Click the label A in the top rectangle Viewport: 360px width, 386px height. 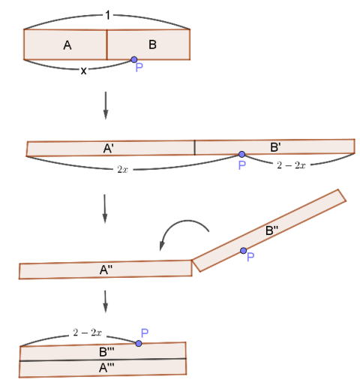[x=67, y=46]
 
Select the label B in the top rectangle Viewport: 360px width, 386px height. [x=152, y=44]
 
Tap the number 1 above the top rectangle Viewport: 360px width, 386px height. [x=108, y=15]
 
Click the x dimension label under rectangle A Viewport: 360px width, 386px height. [x=83, y=71]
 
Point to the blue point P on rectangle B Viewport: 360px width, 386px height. [x=134, y=59]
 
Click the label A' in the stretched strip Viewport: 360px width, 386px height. [x=108, y=149]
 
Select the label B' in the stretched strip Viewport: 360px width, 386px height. [x=275, y=147]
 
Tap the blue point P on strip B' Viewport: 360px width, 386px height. [x=241, y=154]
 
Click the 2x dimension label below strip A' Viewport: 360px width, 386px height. [x=122, y=170]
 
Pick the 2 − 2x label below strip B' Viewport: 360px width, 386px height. [x=291, y=165]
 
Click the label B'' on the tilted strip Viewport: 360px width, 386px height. [x=271, y=231]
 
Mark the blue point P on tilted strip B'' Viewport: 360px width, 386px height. [x=243, y=251]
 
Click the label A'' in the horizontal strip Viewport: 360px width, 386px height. [x=106, y=270]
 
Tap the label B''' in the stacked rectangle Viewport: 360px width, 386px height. [x=106, y=351]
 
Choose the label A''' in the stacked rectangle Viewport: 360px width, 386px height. [x=106, y=368]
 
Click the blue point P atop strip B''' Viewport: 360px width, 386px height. [x=139, y=343]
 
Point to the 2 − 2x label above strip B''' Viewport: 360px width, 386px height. [x=87, y=333]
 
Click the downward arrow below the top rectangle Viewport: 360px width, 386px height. [x=106, y=105]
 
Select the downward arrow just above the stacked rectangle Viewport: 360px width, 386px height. [x=106, y=301]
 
